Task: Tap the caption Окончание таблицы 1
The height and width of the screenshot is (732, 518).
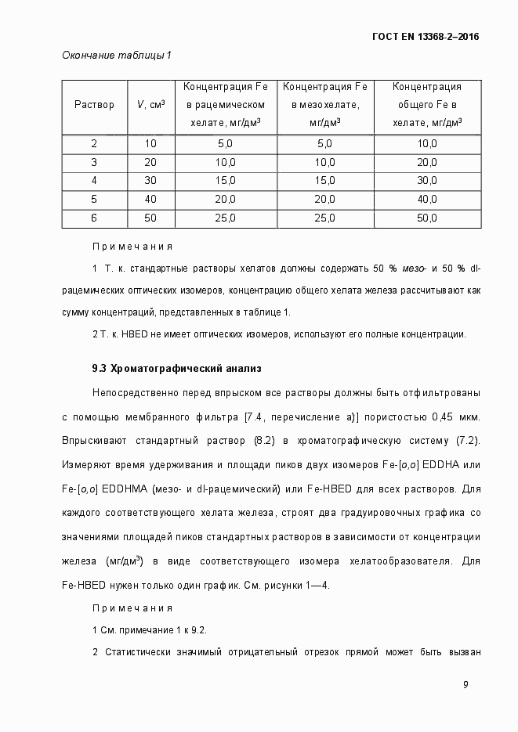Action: click(116, 56)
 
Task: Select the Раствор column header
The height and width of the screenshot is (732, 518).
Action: click(94, 105)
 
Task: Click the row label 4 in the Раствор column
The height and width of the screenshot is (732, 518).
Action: click(94, 181)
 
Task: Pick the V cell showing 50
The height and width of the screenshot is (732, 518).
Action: click(150, 218)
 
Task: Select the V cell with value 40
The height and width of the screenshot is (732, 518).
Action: click(150, 200)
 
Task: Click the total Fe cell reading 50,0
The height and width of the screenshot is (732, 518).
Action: click(427, 218)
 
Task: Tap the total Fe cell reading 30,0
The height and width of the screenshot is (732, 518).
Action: click(427, 181)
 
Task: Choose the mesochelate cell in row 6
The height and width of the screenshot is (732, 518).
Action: click(324, 218)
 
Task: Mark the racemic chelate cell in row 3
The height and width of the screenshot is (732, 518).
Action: click(226, 162)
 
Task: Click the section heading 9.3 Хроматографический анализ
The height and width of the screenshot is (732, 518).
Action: click(176, 368)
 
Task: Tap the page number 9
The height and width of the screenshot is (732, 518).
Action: click(465, 685)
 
